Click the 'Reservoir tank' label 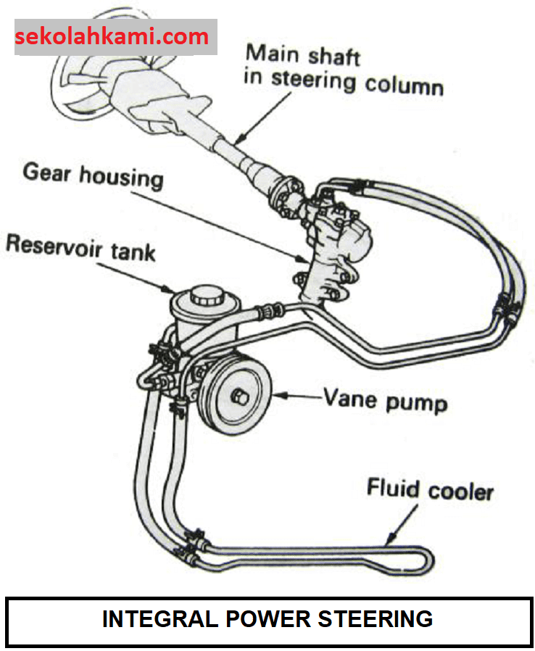coord(80,246)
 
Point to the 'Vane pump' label coord(384,399)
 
